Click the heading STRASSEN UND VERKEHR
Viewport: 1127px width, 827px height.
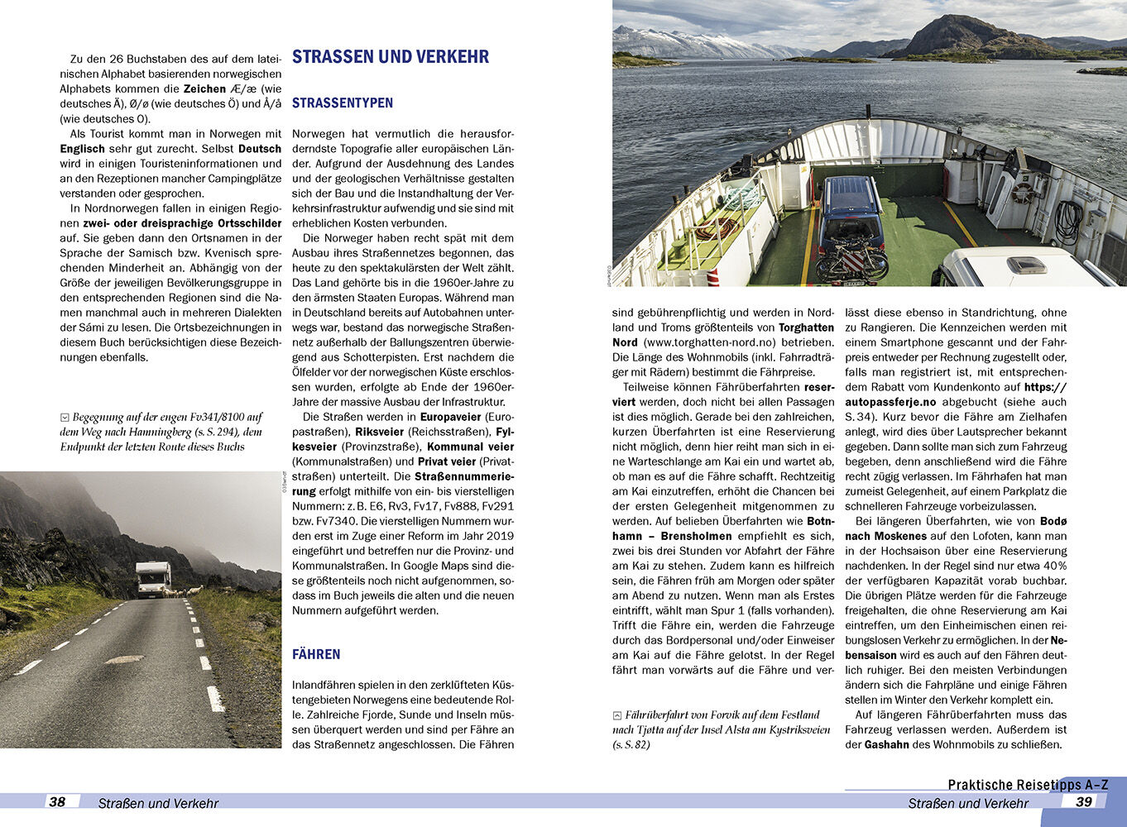click(390, 57)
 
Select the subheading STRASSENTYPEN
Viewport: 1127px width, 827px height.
click(342, 103)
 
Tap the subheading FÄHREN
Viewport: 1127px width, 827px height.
click(316, 654)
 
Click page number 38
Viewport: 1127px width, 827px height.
click(57, 801)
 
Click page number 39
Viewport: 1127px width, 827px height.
click(1083, 801)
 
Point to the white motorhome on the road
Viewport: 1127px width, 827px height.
click(154, 579)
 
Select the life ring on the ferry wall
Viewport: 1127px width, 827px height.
click(1023, 193)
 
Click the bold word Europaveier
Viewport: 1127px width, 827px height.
click(451, 417)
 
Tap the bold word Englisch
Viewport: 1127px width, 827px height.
click(82, 149)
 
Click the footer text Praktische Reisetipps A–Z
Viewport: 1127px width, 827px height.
click(1027, 785)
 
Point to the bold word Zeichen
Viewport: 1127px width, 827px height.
click(204, 88)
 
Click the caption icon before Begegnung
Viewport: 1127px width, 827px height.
click(65, 418)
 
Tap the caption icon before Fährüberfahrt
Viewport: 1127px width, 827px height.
click(617, 715)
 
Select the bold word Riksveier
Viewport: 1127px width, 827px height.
click(380, 432)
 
